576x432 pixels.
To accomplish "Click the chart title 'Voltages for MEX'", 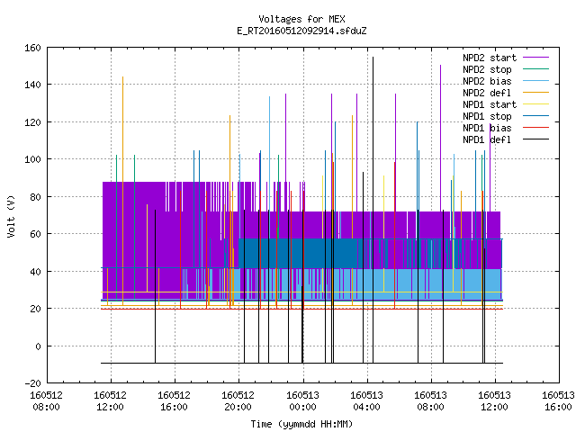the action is point(301,19).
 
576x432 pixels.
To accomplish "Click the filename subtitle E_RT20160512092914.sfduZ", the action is point(301,31).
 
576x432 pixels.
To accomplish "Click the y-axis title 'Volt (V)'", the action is point(12,216).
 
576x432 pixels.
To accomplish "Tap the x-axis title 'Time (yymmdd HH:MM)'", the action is point(301,424).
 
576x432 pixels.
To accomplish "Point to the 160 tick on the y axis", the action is point(32,48).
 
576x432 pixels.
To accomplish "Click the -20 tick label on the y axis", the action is point(32,383).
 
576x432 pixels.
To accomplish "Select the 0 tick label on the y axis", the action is point(38,346).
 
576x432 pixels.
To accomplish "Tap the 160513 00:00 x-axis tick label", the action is point(303,401).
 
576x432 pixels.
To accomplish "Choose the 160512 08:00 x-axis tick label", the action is point(46,401).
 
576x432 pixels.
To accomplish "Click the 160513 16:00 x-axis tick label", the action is point(558,401).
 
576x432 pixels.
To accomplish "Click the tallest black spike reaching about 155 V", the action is point(373,210).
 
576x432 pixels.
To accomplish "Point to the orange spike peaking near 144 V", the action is point(122,191).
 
